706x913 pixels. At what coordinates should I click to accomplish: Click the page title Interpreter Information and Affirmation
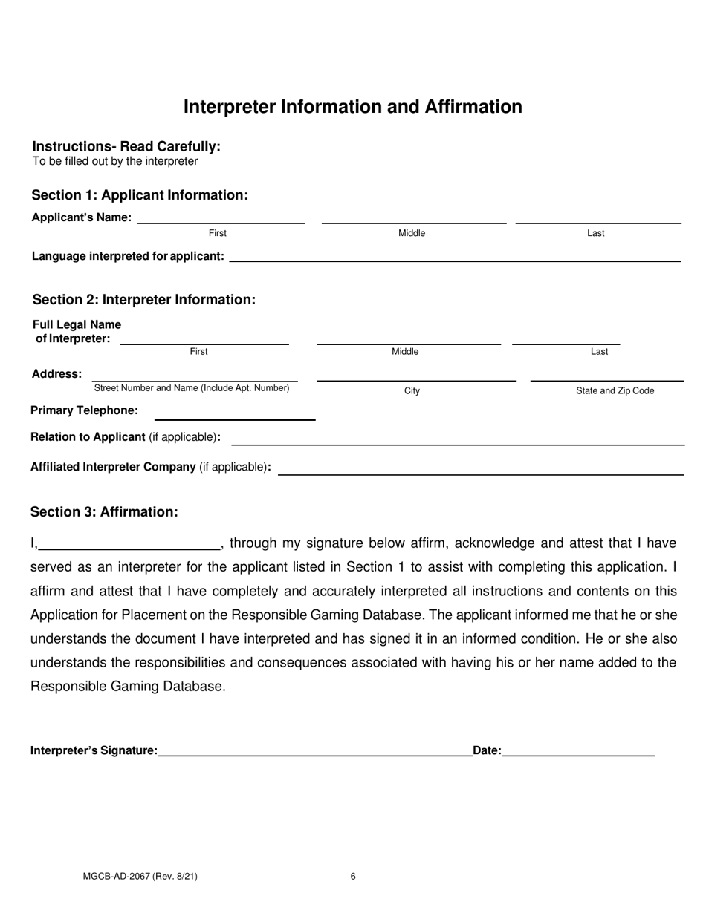pos(352,107)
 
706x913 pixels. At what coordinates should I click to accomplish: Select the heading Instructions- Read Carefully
pos(126,146)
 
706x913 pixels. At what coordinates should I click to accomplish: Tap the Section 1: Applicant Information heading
pos(140,195)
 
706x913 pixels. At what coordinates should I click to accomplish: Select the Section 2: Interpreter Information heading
pos(144,300)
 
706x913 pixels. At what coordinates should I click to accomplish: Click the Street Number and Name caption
pos(191,388)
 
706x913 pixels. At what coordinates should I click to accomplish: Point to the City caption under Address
pos(412,391)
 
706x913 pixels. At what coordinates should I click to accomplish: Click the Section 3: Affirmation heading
pos(104,512)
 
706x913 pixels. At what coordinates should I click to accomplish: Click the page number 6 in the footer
pos(353,877)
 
